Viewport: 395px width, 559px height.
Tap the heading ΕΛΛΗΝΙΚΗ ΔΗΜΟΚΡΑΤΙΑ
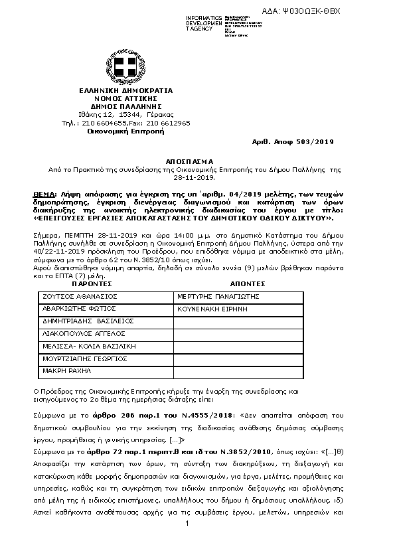click(125, 90)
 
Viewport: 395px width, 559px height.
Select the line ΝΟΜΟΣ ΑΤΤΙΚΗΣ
click(125, 98)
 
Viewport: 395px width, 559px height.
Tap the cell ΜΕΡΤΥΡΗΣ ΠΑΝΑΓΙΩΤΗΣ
click(217, 296)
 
